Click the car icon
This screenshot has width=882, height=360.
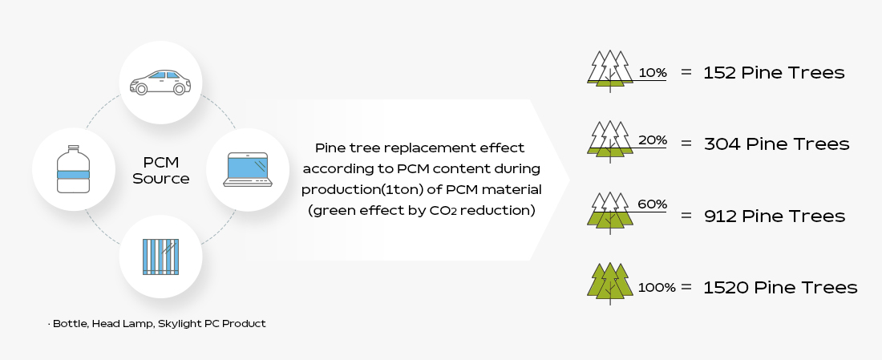pyautogui.click(x=160, y=82)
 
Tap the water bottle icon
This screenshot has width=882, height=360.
pyautogui.click(x=73, y=168)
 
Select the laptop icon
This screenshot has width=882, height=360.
pyautogui.click(x=248, y=169)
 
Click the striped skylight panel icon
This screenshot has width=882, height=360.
pyautogui.click(x=160, y=257)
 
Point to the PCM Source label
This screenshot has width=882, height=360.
pyautogui.click(x=161, y=171)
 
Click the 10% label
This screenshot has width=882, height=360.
pyautogui.click(x=653, y=73)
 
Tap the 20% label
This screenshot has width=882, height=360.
pyautogui.click(x=653, y=140)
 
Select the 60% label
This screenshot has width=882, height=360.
pyautogui.click(x=653, y=204)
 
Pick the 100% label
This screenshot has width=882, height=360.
pyautogui.click(x=657, y=287)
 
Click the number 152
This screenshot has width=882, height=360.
pyautogui.click(x=719, y=73)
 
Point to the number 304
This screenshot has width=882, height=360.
pyautogui.click(x=722, y=144)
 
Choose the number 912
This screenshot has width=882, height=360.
pyautogui.click(x=721, y=216)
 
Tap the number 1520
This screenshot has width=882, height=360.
pyautogui.click(x=725, y=287)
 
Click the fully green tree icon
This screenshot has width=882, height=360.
pyautogui.click(x=609, y=283)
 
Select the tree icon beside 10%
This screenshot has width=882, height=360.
pyautogui.click(x=609, y=71)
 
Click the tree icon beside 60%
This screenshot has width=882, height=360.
pyautogui.click(x=609, y=212)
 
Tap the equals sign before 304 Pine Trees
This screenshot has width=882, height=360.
pyautogui.click(x=686, y=144)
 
